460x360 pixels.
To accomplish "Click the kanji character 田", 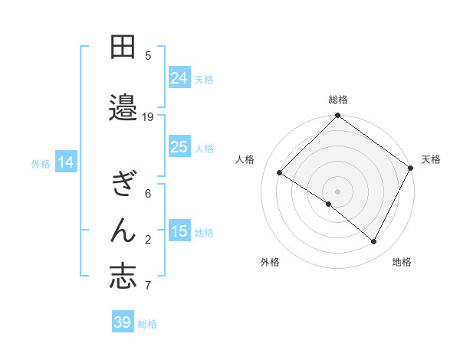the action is point(123,48).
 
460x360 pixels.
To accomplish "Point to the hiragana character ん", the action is point(123,230).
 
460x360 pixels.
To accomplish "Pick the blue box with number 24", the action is point(179,77).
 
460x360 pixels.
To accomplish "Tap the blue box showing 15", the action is point(179,231).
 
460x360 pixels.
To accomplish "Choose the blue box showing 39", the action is point(122,322).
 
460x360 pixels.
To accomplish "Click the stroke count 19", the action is point(148,116).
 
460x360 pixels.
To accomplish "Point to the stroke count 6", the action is point(148,194).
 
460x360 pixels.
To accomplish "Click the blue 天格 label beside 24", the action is point(205,79).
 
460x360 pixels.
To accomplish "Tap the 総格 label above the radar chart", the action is point(338,100).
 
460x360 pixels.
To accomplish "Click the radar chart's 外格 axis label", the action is point(270,263).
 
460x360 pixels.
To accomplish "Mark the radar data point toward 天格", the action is point(410,168).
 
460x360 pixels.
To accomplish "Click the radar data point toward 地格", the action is point(374,242).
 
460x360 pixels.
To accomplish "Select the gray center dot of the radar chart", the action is point(337,191).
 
